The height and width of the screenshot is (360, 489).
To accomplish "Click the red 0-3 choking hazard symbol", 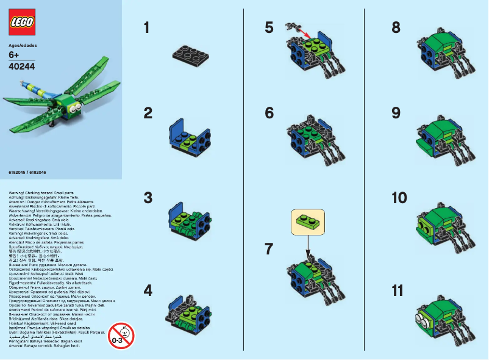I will (x=121, y=335).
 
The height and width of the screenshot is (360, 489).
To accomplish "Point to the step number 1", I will (x=146, y=27).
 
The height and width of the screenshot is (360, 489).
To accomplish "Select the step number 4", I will (x=147, y=290).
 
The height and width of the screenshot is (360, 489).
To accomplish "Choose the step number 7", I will (x=269, y=249).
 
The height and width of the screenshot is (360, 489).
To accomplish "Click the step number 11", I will (x=398, y=290).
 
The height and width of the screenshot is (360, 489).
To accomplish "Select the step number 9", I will (x=396, y=113).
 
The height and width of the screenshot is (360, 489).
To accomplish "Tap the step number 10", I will (x=399, y=198).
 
